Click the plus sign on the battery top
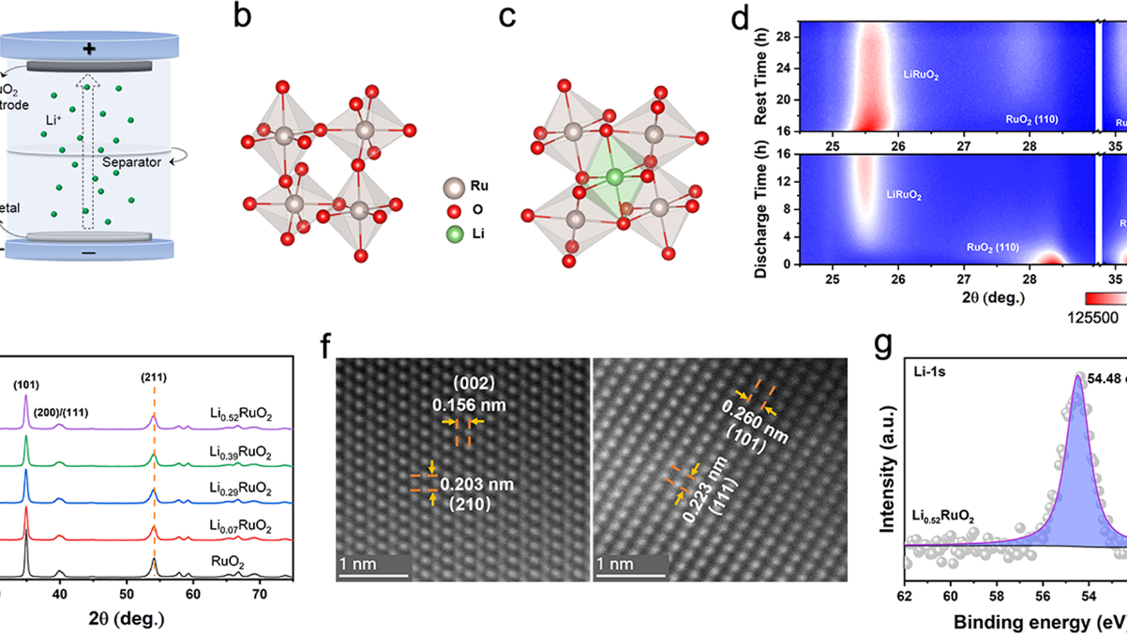tap(89, 48)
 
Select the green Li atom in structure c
tap(614, 176)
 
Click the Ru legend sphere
tap(452, 187)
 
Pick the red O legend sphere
tap(452, 209)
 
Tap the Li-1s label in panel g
tap(930, 373)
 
